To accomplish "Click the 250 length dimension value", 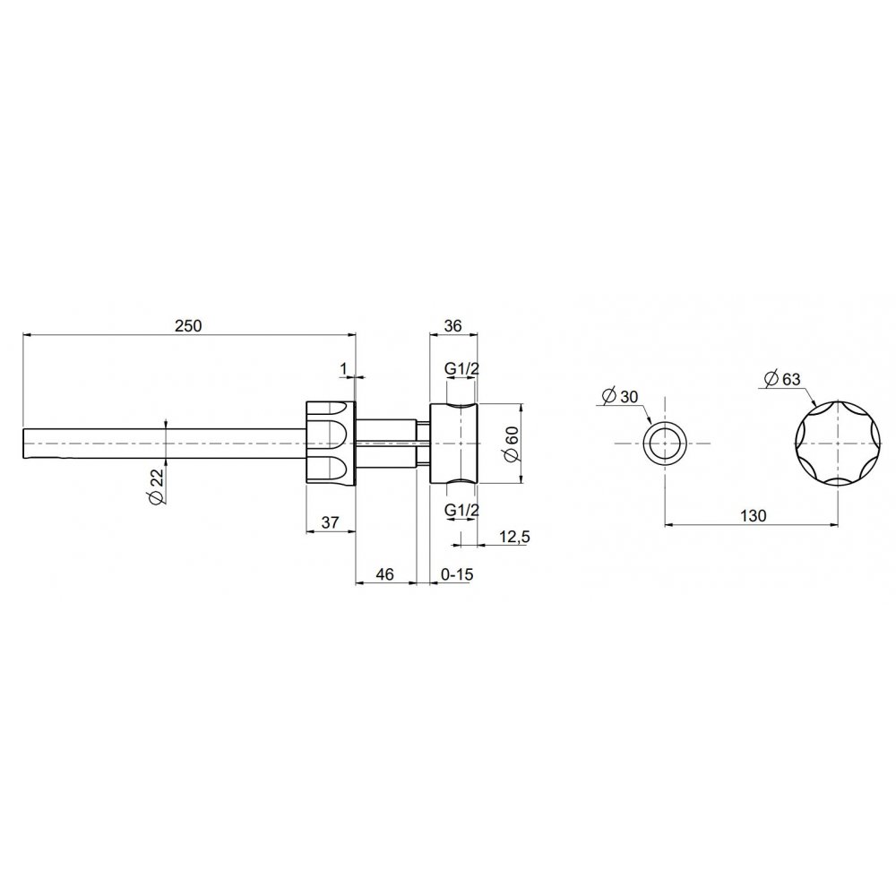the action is (188, 326).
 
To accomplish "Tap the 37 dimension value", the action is (331, 521).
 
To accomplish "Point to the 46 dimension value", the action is (385, 573).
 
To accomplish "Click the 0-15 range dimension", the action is (457, 573).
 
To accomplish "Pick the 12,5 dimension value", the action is (514, 537).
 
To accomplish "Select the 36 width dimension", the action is (452, 326).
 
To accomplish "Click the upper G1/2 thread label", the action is (461, 369).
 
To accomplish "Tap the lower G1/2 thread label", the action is (461, 511).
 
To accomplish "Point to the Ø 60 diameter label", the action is (512, 444).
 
